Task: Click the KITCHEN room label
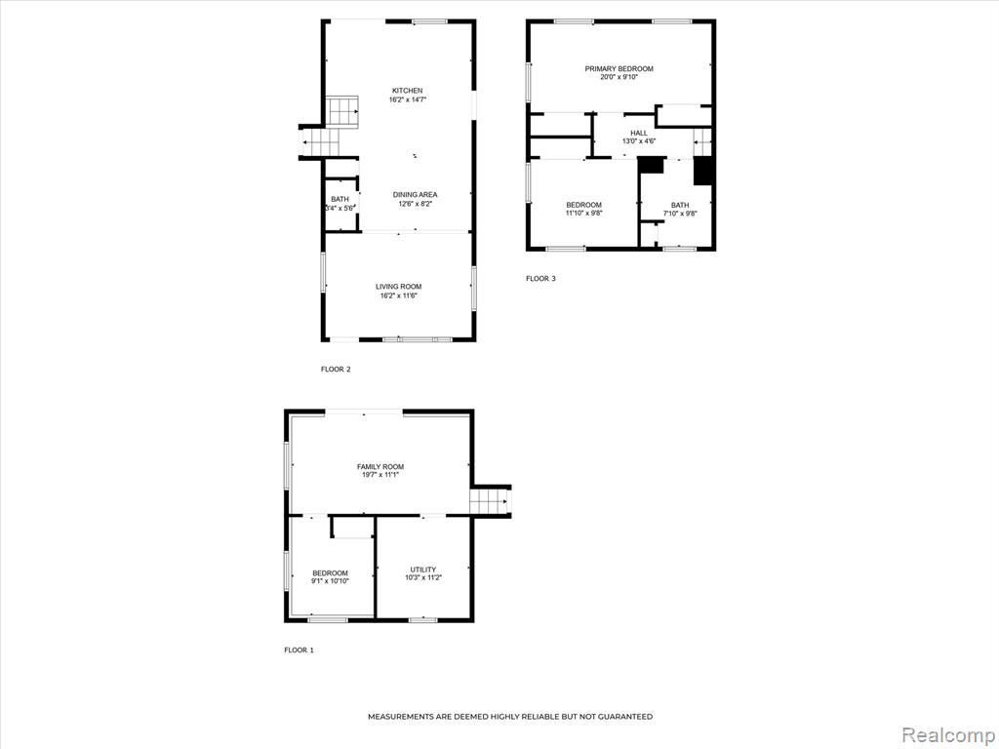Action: (x=407, y=91)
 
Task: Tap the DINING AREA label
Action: (x=415, y=195)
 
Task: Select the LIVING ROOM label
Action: (x=398, y=287)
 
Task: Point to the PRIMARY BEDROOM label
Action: (x=619, y=69)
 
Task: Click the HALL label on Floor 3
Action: (x=639, y=133)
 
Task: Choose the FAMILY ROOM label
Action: (x=380, y=467)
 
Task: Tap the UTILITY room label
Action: (x=423, y=570)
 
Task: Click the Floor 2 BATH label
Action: (x=340, y=199)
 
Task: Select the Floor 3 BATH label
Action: (x=680, y=205)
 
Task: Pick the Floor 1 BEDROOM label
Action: (x=330, y=573)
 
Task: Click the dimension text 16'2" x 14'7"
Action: (x=407, y=100)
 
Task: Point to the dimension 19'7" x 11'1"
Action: (x=380, y=475)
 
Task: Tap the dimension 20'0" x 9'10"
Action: (x=619, y=77)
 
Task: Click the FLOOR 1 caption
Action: (x=299, y=650)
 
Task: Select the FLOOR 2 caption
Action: (x=336, y=370)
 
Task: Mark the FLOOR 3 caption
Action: (x=540, y=278)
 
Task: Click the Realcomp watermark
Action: (x=947, y=735)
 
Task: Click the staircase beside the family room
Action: (x=490, y=500)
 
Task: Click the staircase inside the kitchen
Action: (x=342, y=112)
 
